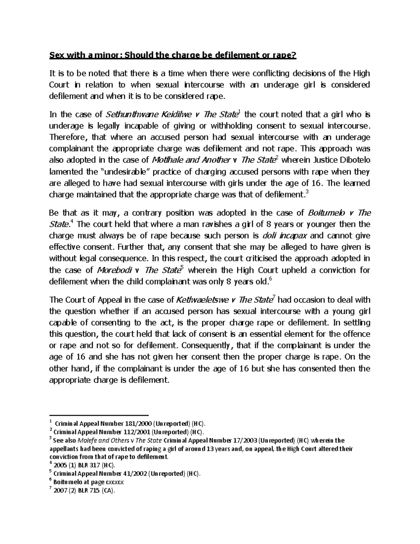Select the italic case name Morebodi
[114, 270]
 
